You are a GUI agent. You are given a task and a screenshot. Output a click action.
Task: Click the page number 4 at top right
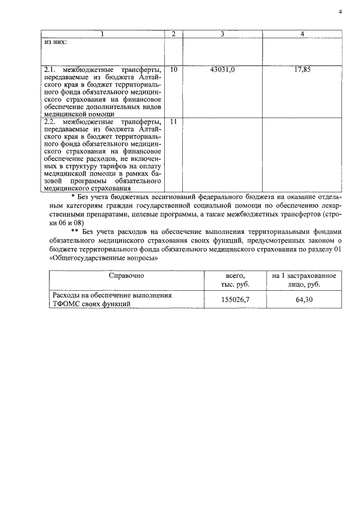coord(340,11)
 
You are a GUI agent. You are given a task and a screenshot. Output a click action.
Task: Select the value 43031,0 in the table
coord(222,70)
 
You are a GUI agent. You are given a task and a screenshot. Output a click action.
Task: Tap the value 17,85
coord(303,70)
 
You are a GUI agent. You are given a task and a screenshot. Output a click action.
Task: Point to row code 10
coord(173,70)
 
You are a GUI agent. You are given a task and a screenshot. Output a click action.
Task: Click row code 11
coord(173,121)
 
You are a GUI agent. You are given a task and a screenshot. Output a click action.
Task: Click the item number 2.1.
coord(50,70)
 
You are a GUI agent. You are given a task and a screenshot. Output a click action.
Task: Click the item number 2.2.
coord(50,121)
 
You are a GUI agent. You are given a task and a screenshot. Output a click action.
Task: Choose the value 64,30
coord(304,299)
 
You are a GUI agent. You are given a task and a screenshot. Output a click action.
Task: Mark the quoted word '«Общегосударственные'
coord(87,259)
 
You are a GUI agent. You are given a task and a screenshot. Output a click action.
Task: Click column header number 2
coord(173,34)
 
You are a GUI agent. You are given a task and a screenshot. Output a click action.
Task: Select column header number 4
coord(303,34)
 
